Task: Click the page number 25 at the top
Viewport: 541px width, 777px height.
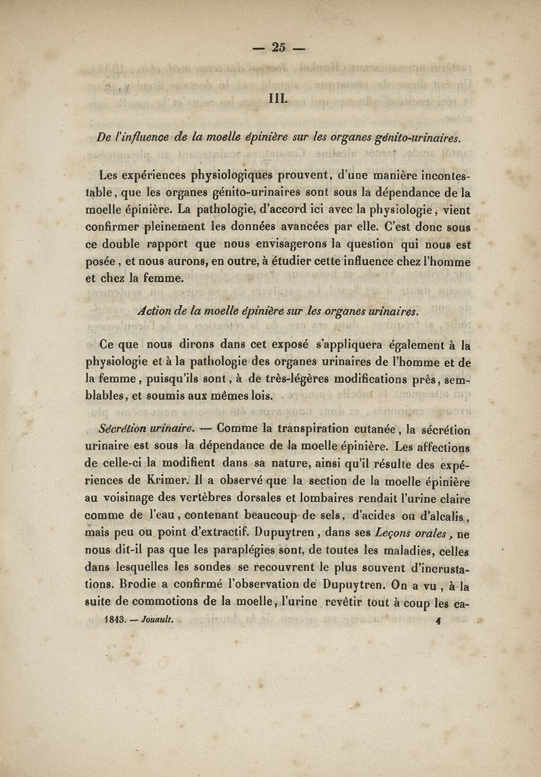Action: (279, 47)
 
